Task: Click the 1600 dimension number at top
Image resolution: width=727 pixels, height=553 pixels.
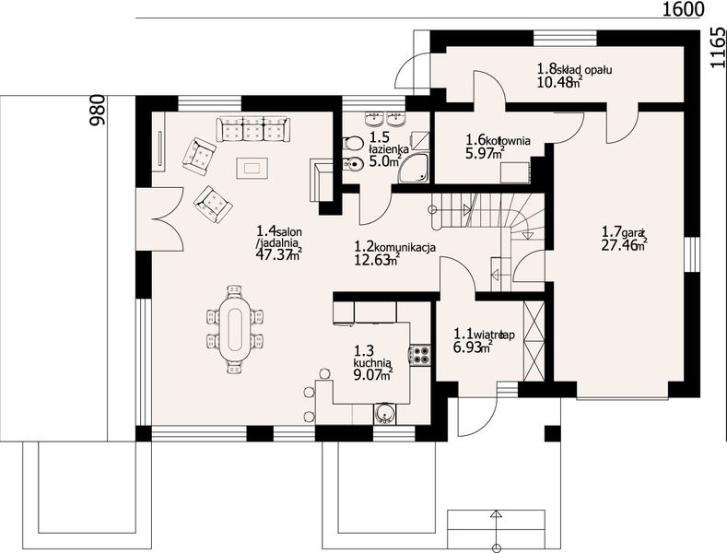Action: click(683, 9)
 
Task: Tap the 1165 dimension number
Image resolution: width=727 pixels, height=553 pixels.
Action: click(718, 47)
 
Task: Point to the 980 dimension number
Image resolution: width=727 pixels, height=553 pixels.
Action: click(97, 110)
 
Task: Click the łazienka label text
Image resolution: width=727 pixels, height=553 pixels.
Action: click(389, 149)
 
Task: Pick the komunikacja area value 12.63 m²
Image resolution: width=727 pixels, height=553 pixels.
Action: click(377, 260)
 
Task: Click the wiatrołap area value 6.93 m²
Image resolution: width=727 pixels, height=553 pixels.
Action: click(473, 347)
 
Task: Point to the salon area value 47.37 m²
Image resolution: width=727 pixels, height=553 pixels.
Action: click(279, 253)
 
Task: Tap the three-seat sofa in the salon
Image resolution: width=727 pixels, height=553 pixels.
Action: click(252, 129)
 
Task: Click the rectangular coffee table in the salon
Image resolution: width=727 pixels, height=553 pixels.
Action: click(252, 168)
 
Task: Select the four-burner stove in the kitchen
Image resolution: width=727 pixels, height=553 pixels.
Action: click(419, 355)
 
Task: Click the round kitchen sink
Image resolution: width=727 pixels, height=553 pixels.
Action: click(385, 413)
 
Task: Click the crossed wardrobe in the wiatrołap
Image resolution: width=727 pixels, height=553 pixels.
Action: click(533, 341)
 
